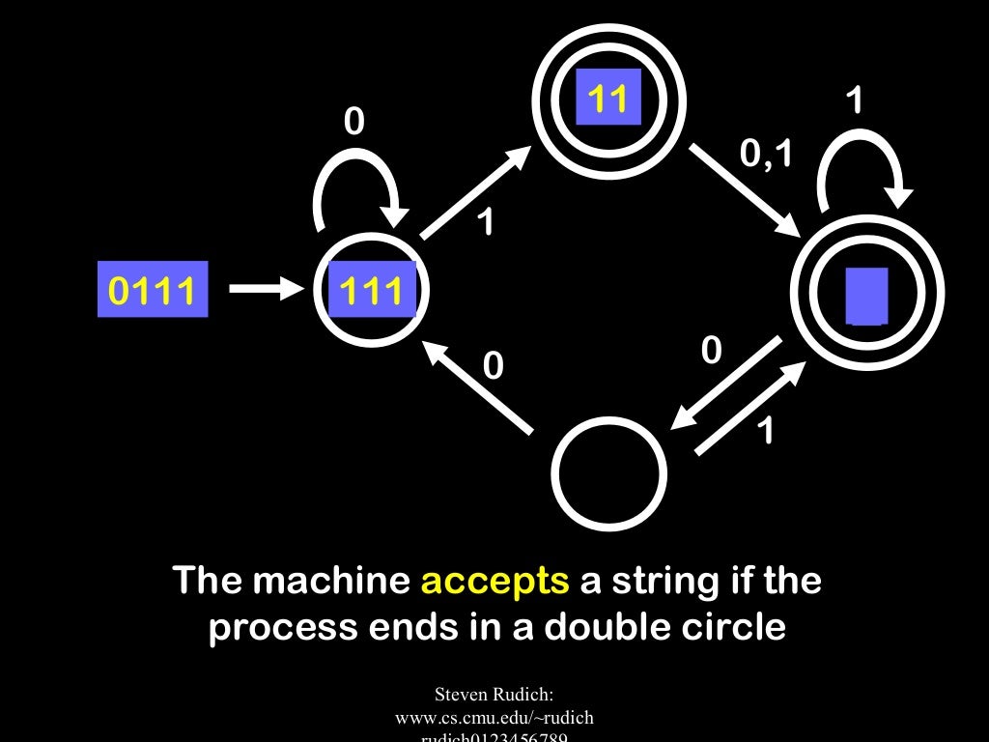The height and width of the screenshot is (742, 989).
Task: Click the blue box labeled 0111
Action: [153, 289]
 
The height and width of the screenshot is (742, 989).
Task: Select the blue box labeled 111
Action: [372, 289]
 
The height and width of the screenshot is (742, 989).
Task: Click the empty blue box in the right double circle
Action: [866, 295]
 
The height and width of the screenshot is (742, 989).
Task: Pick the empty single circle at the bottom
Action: [609, 473]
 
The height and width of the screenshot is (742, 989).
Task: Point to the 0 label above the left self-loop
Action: [354, 122]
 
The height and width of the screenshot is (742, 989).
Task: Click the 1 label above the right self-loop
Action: [855, 100]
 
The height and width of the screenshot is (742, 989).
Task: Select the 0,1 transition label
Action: [766, 153]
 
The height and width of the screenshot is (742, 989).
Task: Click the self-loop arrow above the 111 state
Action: [355, 188]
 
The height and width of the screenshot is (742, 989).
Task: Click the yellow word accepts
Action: [494, 582]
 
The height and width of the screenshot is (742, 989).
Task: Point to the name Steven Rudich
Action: [494, 694]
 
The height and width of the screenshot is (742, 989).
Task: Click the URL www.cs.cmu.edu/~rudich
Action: [494, 718]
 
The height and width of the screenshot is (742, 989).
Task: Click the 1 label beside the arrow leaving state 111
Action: [487, 222]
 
